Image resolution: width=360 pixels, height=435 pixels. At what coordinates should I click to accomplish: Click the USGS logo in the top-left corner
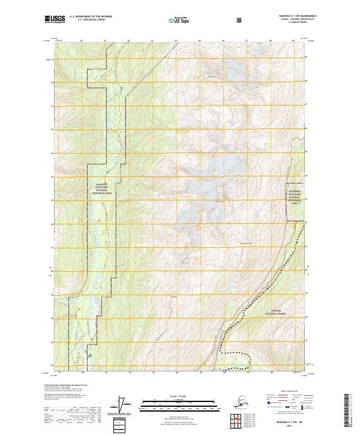coord(55,20)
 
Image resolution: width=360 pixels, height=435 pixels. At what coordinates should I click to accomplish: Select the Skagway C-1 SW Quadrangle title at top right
coord(290,16)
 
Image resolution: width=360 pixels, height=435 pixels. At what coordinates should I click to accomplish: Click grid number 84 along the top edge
coord(175,41)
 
